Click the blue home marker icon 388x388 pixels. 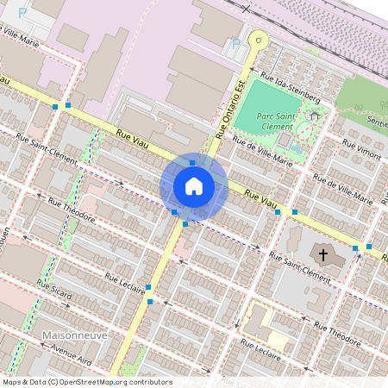194,185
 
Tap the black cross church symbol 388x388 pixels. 323,255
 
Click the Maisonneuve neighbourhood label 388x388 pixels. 72,333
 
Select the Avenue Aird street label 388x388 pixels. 71,354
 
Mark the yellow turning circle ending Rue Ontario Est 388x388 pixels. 257,38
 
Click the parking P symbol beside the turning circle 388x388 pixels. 235,44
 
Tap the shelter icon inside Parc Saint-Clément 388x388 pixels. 313,114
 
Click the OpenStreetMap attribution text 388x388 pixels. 86,382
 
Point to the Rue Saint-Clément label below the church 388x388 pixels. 299,267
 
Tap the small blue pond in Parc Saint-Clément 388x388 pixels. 297,147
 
